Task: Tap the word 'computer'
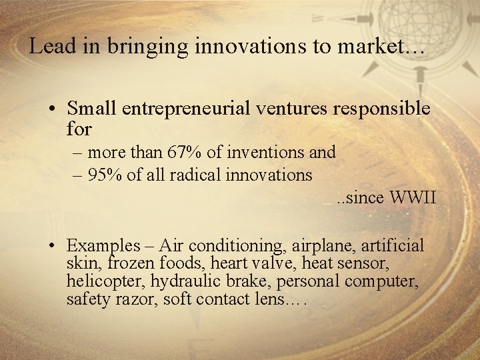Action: (381, 282)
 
